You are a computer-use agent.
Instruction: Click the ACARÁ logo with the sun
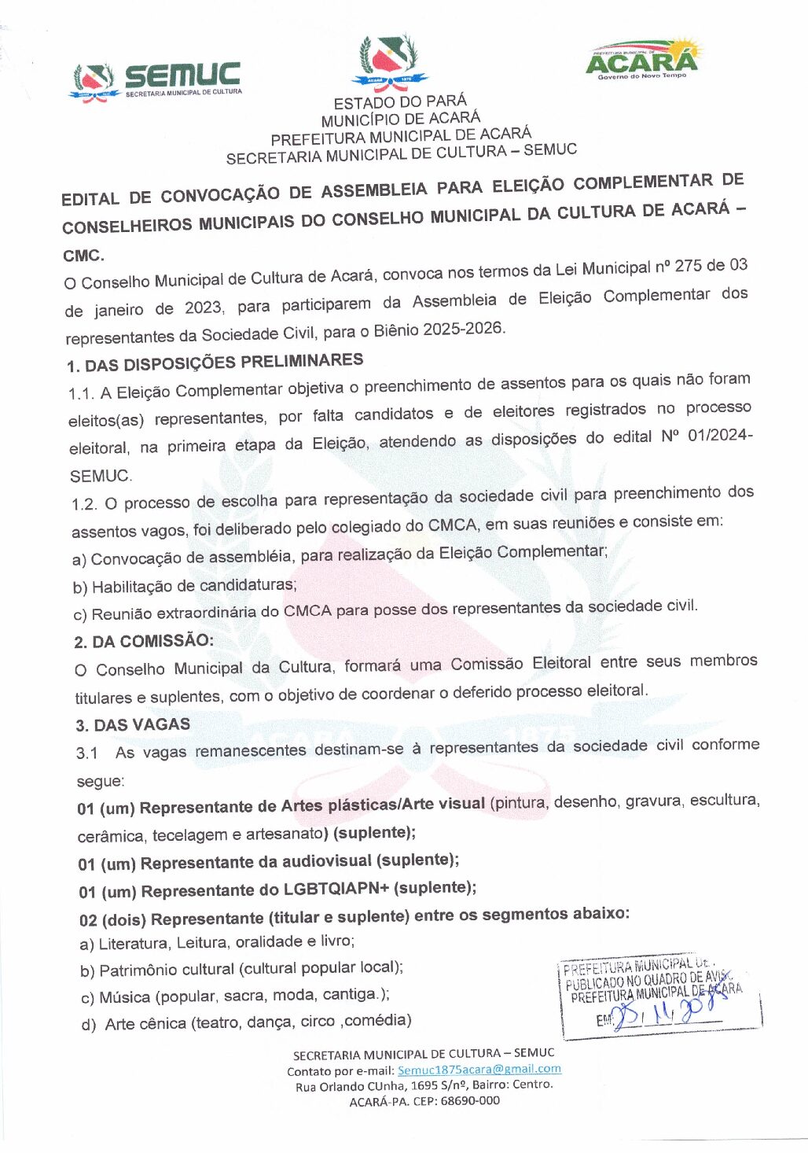[641, 60]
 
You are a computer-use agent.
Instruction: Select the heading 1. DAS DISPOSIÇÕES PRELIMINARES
[215, 363]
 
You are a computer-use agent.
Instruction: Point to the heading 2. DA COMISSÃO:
[143, 641]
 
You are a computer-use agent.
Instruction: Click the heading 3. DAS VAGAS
[133, 724]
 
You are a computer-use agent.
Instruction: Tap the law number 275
[688, 266]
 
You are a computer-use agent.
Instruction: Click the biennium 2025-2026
[462, 329]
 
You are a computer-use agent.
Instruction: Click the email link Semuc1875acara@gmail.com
[479, 1070]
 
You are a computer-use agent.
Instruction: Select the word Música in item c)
[124, 997]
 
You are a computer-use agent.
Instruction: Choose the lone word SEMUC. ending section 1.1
[101, 476]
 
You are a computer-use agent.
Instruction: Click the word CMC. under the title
[83, 256]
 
